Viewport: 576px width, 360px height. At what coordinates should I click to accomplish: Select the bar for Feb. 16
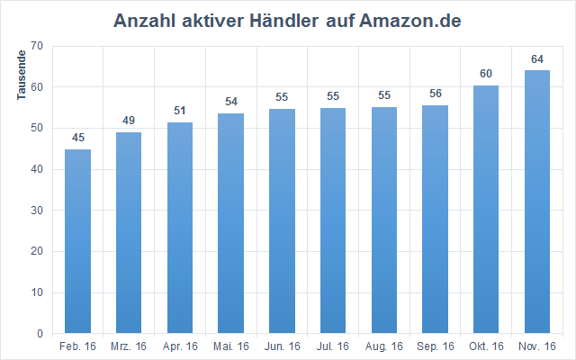77,241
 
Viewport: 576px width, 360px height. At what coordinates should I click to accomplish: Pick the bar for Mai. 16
230,223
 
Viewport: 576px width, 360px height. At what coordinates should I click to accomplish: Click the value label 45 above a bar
77,138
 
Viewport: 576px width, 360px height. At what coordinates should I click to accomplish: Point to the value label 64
537,59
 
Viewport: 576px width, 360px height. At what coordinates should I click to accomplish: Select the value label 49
129,121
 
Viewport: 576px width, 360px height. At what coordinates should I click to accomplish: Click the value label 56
435,94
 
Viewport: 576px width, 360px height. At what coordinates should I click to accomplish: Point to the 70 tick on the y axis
37,46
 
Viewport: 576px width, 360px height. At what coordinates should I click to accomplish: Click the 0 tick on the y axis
40,334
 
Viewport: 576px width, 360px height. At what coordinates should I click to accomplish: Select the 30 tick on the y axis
37,211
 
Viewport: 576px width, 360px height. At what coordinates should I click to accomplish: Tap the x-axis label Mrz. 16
129,346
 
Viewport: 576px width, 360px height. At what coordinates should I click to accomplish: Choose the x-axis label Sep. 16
435,346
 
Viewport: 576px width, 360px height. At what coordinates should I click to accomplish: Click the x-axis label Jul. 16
333,346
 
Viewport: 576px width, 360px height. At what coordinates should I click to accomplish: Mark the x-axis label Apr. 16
180,346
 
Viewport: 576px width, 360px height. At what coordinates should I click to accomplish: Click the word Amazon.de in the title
410,21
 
